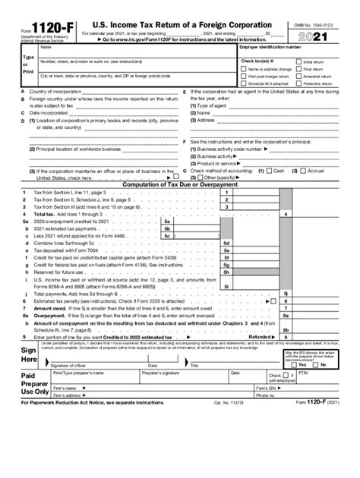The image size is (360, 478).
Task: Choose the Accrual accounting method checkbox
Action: point(304,171)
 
